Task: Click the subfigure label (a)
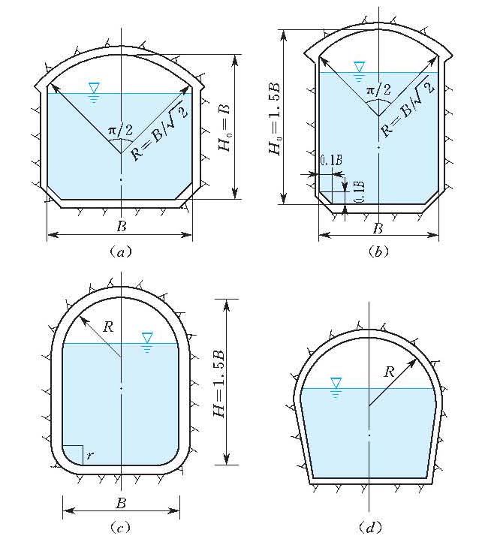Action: (x=121, y=251)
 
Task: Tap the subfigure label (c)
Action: (x=121, y=527)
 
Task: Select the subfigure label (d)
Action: (x=370, y=527)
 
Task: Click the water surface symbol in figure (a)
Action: (x=94, y=92)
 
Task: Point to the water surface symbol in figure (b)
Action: (x=359, y=71)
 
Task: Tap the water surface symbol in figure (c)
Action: (x=147, y=342)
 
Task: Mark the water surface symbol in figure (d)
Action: (x=336, y=387)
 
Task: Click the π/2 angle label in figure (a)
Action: (x=120, y=131)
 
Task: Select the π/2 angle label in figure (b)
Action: (x=378, y=91)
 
